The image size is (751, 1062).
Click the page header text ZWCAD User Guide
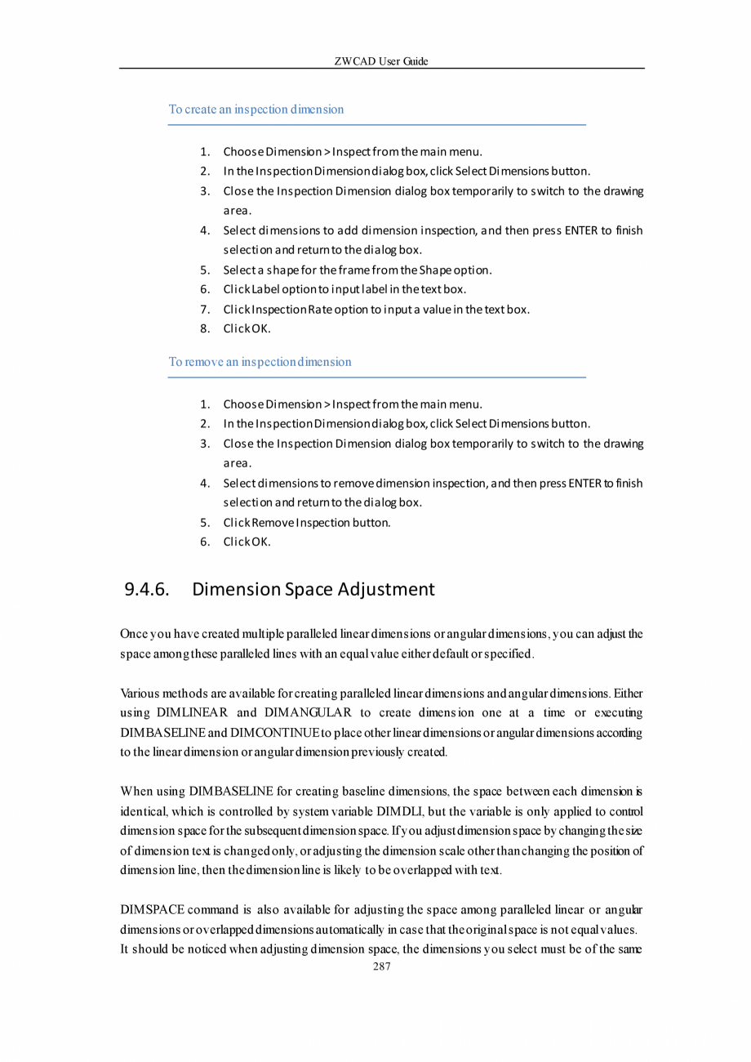tap(381, 61)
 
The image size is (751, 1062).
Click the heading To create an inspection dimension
tap(256, 109)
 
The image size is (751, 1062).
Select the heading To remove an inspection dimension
tap(260, 361)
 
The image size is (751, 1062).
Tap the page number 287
tap(381, 966)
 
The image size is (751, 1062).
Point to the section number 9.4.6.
tap(146, 589)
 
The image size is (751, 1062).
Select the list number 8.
tap(206, 328)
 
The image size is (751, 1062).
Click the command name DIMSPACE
tap(152, 908)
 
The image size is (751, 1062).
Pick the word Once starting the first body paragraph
tap(134, 634)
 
